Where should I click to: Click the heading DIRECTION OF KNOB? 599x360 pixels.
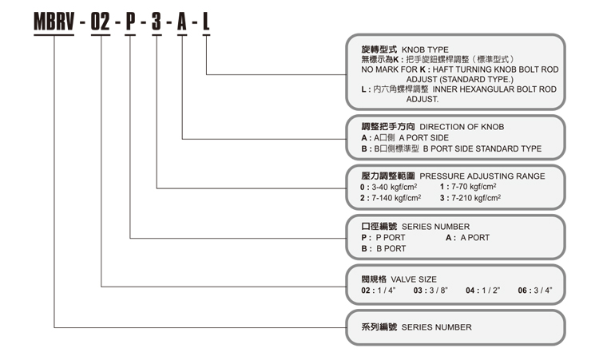pos(462,126)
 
